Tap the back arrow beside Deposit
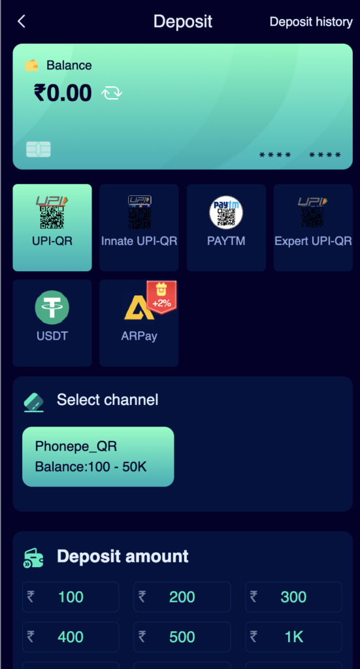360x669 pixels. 22,22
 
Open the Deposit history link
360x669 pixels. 311,22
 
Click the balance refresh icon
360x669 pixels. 112,93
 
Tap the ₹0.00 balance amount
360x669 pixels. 63,93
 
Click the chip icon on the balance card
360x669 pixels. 39,150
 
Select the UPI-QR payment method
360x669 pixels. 52,227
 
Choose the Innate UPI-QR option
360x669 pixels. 139,227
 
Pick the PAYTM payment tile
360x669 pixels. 226,227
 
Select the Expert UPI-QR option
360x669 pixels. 313,227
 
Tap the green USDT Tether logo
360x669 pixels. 52,307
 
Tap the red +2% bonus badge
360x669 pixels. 161,297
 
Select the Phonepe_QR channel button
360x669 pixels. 98,457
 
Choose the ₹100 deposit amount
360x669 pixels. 71,597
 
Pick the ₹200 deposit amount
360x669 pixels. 182,597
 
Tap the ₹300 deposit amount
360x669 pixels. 294,597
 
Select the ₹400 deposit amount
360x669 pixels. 71,637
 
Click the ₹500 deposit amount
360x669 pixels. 182,637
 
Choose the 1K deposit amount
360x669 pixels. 294,637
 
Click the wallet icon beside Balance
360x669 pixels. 31,65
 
